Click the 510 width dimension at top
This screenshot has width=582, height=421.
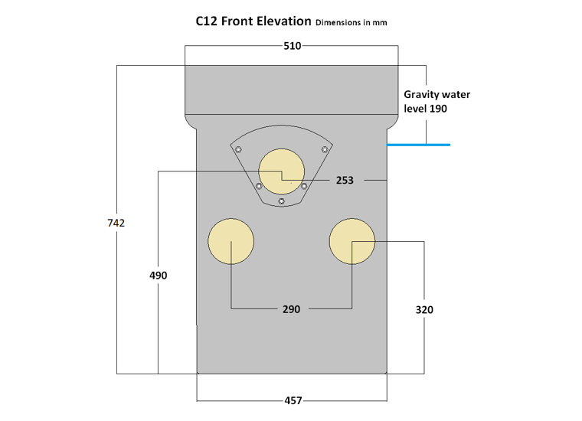click(292, 46)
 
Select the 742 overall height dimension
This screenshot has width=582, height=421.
click(116, 223)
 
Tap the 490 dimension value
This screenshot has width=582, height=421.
click(158, 275)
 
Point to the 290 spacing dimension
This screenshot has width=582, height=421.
click(292, 309)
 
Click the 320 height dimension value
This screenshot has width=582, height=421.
click(424, 309)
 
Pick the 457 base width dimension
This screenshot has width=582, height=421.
click(293, 400)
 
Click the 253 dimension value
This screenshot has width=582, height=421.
click(345, 181)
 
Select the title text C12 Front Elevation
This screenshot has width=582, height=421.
click(253, 21)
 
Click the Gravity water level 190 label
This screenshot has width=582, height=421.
click(436, 102)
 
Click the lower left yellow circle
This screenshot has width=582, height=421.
click(231, 241)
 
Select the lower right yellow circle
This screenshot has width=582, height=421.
click(352, 241)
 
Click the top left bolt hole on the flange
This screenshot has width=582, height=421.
click(238, 148)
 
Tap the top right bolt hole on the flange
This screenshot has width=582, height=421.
click(325, 148)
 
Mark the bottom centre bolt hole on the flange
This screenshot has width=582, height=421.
click(282, 201)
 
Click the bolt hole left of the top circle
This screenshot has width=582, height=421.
click(259, 186)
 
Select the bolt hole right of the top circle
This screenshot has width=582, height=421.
click(304, 186)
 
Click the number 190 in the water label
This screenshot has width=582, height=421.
click(437, 109)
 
